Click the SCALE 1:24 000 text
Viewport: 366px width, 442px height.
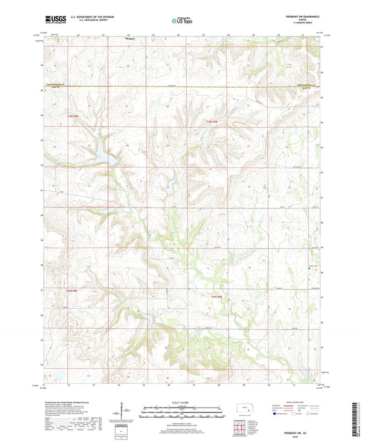(183, 402)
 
